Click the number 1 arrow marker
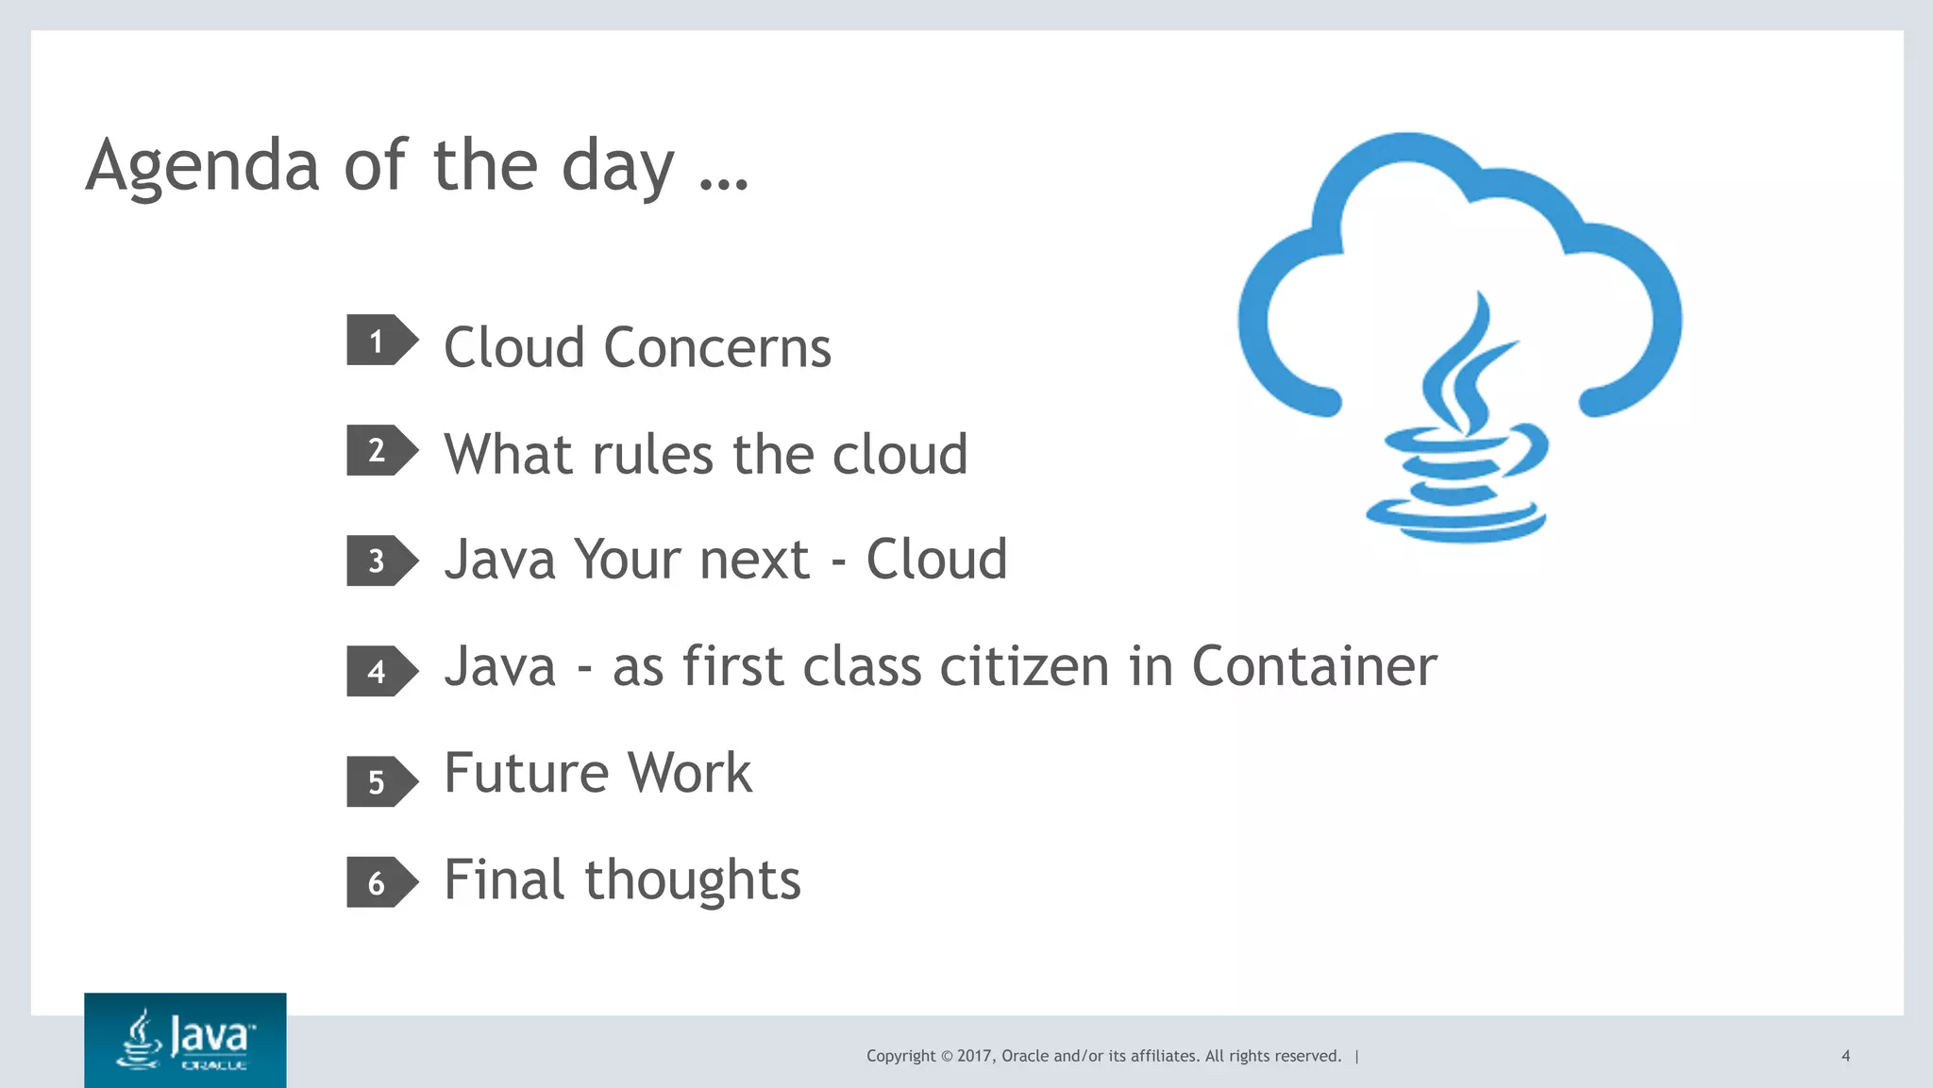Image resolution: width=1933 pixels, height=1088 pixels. click(380, 341)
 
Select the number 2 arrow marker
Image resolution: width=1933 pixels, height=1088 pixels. click(380, 450)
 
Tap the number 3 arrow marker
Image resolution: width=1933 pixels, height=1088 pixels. click(380, 561)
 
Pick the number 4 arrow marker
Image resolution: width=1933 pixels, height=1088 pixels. click(380, 671)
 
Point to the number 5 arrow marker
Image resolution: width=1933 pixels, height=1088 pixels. click(380, 781)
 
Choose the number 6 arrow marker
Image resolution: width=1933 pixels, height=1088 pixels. click(380, 882)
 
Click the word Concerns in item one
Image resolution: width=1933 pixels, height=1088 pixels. click(717, 348)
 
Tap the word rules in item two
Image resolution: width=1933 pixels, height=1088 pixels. click(652, 455)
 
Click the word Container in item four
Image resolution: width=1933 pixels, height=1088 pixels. click(1314, 667)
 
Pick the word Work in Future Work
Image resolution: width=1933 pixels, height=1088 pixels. click(690, 774)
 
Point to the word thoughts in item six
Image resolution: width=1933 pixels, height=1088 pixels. click(692, 881)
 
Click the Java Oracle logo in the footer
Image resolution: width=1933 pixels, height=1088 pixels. click(185, 1040)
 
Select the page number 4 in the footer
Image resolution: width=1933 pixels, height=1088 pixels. click(1845, 1056)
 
